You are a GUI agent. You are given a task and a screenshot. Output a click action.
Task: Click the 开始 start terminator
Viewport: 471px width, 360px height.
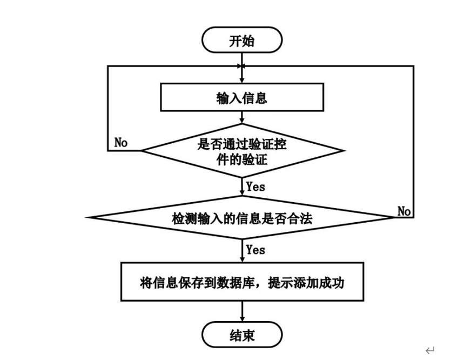pos(242,42)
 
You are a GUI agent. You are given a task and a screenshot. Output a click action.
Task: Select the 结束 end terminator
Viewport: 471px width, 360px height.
pos(242,335)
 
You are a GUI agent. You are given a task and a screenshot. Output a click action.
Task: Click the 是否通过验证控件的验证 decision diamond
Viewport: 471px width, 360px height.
pos(242,151)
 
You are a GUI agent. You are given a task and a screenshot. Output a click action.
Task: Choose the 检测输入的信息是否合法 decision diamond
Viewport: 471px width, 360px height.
pos(242,218)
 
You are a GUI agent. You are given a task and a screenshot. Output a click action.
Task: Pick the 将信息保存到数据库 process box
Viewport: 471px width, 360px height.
pos(242,282)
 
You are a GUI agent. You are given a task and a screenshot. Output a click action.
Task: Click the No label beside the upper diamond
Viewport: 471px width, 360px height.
pos(121,142)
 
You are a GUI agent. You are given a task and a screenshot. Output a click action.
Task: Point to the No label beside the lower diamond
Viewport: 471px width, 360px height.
pos(404,211)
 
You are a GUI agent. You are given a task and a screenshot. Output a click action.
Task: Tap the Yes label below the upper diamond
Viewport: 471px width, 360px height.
pos(255,187)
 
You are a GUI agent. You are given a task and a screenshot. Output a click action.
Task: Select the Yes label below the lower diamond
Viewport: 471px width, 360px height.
pos(255,250)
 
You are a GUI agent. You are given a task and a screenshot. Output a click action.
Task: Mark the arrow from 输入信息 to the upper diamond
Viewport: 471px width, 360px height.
pos(242,118)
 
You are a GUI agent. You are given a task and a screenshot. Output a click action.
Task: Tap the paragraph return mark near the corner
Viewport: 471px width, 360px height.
pos(430,351)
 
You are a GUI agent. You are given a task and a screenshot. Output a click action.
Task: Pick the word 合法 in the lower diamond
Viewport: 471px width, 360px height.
pos(302,218)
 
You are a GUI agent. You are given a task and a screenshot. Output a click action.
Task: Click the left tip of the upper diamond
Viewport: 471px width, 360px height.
pos(142,151)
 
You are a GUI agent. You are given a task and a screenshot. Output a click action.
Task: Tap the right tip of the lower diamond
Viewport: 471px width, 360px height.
pos(394,217)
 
